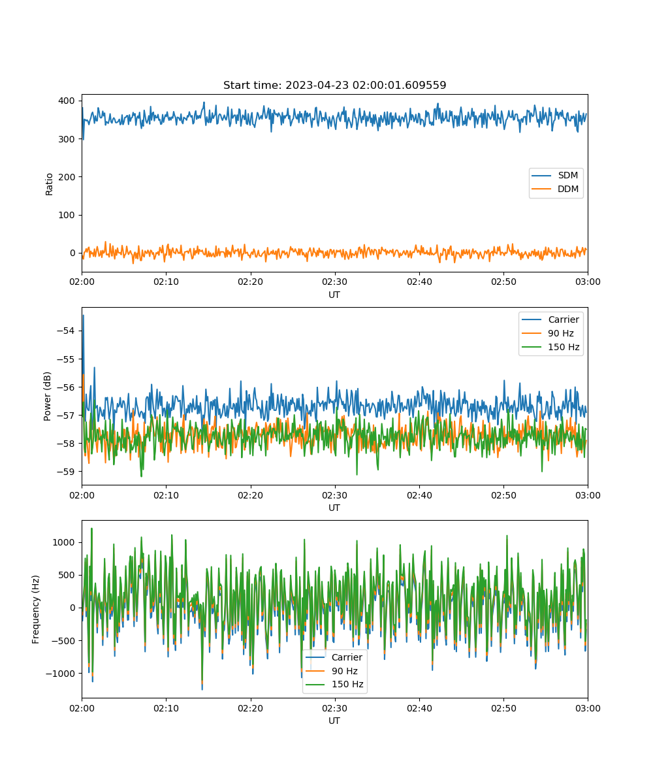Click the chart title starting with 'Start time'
pyautogui.click(x=334, y=85)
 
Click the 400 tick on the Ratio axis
pyautogui.click(x=67, y=101)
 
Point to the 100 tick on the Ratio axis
pyautogui.click(x=67, y=215)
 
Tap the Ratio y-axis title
pyautogui.click(x=49, y=184)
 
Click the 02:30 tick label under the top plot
pyautogui.click(x=334, y=282)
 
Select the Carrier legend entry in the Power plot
pyautogui.click(x=550, y=319)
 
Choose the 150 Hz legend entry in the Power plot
pyautogui.click(x=550, y=347)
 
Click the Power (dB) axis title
pyautogui.click(x=47, y=396)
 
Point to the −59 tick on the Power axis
pyautogui.click(x=66, y=472)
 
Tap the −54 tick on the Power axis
pyautogui.click(x=66, y=331)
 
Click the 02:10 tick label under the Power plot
pyautogui.click(x=166, y=495)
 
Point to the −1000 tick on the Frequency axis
pyautogui.click(x=61, y=674)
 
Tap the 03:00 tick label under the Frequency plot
pyautogui.click(x=588, y=708)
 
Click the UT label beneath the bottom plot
pyautogui.click(x=334, y=721)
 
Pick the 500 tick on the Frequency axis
pyautogui.click(x=67, y=575)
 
